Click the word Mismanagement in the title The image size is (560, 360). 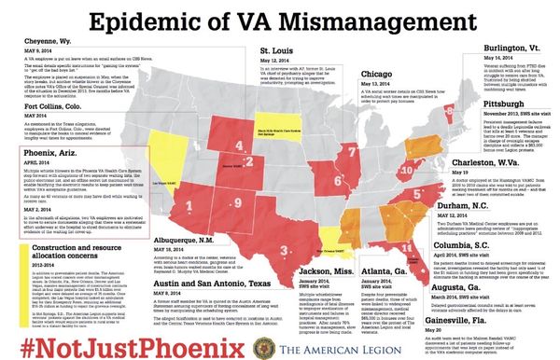click(x=364, y=18)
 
